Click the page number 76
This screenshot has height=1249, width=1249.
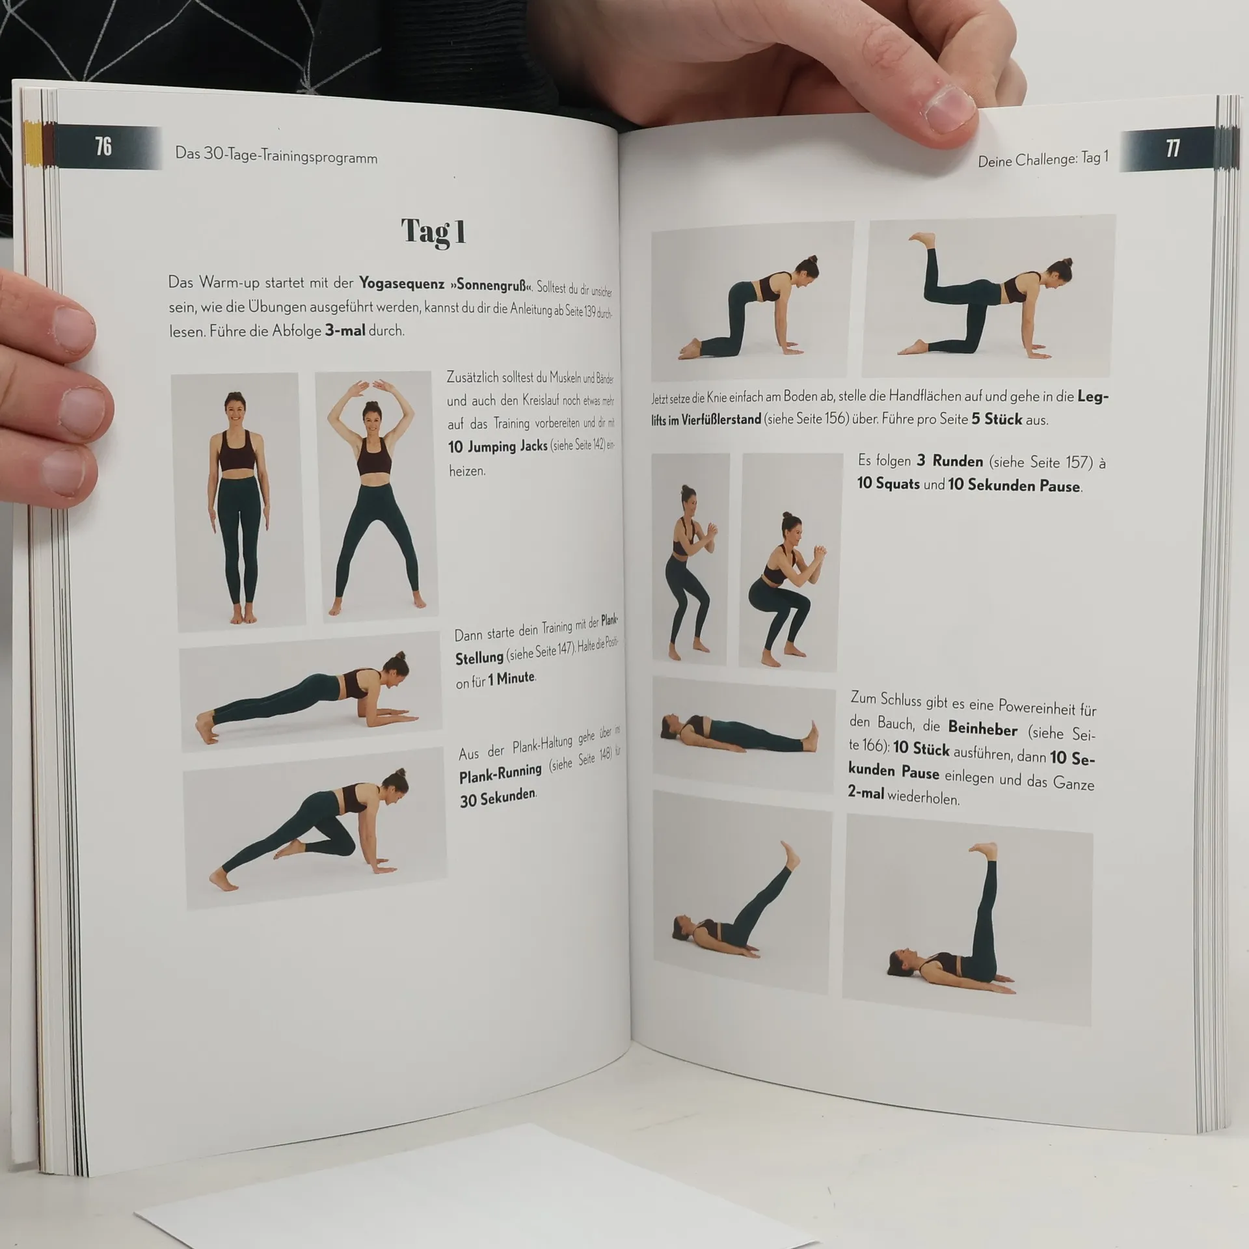[103, 147]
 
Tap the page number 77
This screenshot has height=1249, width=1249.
[1172, 149]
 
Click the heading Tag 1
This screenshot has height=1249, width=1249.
[433, 232]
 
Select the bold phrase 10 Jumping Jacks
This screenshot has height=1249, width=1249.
[498, 447]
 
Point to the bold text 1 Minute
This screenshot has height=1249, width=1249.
[511, 678]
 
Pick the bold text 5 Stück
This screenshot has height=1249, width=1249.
[997, 419]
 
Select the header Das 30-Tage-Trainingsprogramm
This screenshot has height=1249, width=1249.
[276, 157]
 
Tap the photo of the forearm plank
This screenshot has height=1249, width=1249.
[310, 692]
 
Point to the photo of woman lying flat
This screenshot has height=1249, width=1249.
[744, 733]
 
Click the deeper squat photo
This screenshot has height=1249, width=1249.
[788, 563]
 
